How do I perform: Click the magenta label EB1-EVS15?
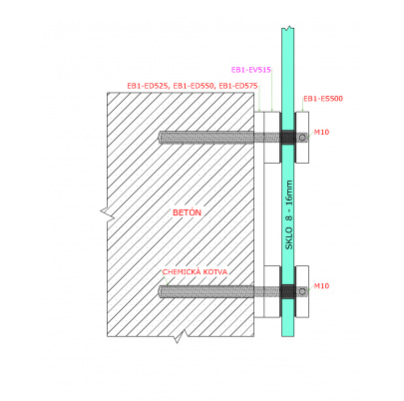click(x=251, y=70)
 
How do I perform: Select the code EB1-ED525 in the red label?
click(x=148, y=86)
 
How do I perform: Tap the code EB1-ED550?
click(x=193, y=86)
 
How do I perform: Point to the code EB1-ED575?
click(x=238, y=86)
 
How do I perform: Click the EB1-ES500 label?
click(x=323, y=99)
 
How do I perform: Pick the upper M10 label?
click(x=321, y=132)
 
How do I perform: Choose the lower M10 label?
click(x=321, y=286)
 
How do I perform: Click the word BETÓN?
click(x=187, y=212)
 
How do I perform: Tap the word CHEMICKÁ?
click(x=182, y=271)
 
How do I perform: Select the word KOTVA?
click(x=215, y=272)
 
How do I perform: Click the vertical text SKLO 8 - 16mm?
click(x=289, y=214)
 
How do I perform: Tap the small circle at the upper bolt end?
click(x=302, y=138)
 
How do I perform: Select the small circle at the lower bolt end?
click(x=302, y=291)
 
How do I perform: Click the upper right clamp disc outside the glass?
click(x=302, y=137)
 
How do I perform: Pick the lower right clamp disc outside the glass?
click(x=302, y=291)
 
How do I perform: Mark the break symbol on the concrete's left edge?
click(x=108, y=212)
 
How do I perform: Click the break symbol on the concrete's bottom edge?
click(x=180, y=336)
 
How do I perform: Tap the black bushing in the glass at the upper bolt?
click(x=287, y=137)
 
